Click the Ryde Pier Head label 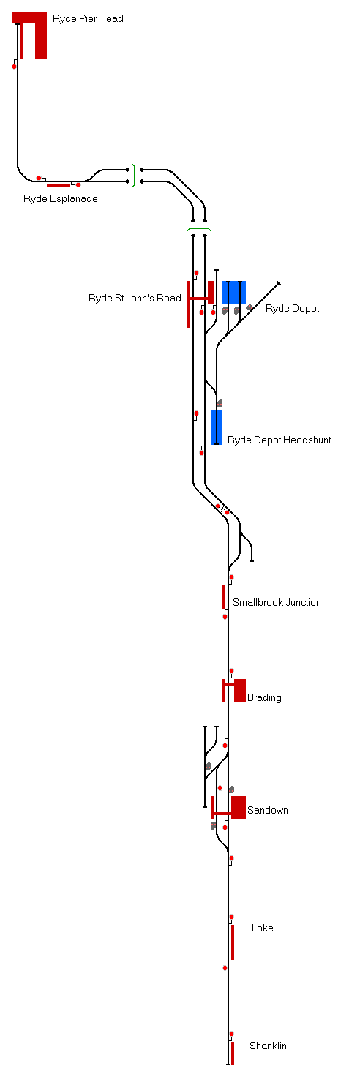click(88, 19)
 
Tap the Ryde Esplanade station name click(61, 198)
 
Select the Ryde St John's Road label click(135, 298)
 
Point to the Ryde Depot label click(292, 308)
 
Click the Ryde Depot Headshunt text click(280, 440)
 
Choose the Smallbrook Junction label click(277, 602)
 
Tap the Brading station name click(264, 698)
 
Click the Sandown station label click(268, 810)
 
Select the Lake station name click(263, 928)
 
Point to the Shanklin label click(269, 1046)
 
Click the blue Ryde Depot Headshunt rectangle click(217, 427)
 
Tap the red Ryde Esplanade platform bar click(58, 186)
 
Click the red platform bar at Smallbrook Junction click(224, 597)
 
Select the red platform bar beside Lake click(233, 942)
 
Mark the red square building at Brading click(240, 691)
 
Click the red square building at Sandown click(239, 808)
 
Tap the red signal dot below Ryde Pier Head click(14, 67)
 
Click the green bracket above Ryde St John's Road click(199, 229)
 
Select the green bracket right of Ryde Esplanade click(134, 176)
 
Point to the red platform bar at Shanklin click(233, 1054)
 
